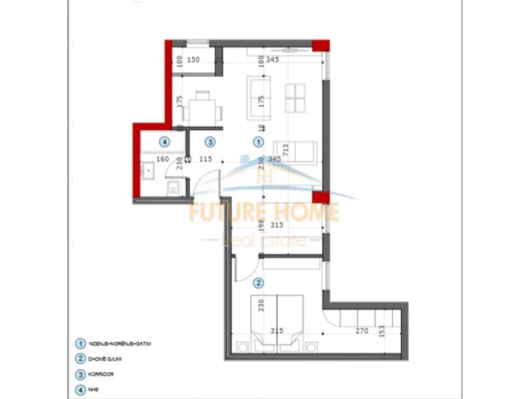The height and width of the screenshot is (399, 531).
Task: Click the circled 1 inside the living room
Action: tap(258, 142)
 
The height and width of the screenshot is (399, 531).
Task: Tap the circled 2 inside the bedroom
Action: tap(258, 283)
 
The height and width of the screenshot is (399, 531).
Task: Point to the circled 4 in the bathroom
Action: tap(164, 142)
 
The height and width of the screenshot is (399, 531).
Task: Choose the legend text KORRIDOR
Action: tap(101, 374)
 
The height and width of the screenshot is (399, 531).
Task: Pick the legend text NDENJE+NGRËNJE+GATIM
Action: tap(120, 344)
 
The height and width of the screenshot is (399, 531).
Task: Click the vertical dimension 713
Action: tap(286, 151)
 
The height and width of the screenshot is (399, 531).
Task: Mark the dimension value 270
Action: tap(361, 331)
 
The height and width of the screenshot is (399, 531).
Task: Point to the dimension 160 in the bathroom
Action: tap(162, 159)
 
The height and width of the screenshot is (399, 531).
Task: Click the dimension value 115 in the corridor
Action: tap(206, 159)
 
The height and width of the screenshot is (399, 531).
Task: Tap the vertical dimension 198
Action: tap(261, 226)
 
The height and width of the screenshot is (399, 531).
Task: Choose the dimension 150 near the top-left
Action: tap(193, 59)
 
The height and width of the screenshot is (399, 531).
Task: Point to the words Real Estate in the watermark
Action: tap(264, 241)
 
